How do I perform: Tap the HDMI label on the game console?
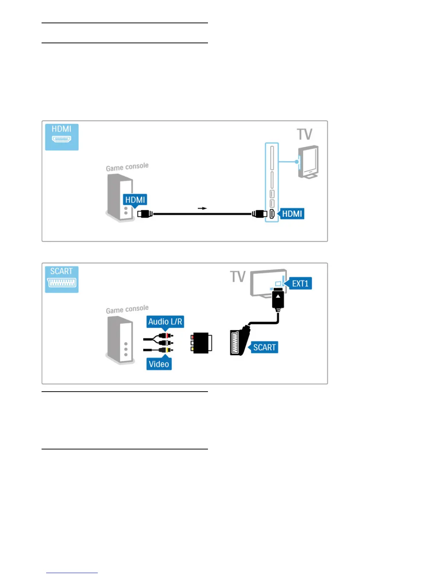coord(135,200)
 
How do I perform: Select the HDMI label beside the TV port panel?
coord(292,213)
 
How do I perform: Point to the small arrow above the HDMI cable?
coord(202,208)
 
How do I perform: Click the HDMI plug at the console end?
coord(145,214)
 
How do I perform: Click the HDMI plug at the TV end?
coord(260,214)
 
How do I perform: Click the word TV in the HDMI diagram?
coord(305,134)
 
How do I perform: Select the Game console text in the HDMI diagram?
coord(127,167)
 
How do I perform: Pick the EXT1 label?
coord(300,284)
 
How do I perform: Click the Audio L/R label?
coord(165,322)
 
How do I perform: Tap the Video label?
coord(159,364)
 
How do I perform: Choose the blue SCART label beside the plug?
coord(264,347)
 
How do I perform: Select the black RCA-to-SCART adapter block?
coord(201,343)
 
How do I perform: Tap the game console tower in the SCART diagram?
coord(120,340)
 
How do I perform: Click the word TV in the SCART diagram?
coord(238,277)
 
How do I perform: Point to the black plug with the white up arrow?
coord(278,299)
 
